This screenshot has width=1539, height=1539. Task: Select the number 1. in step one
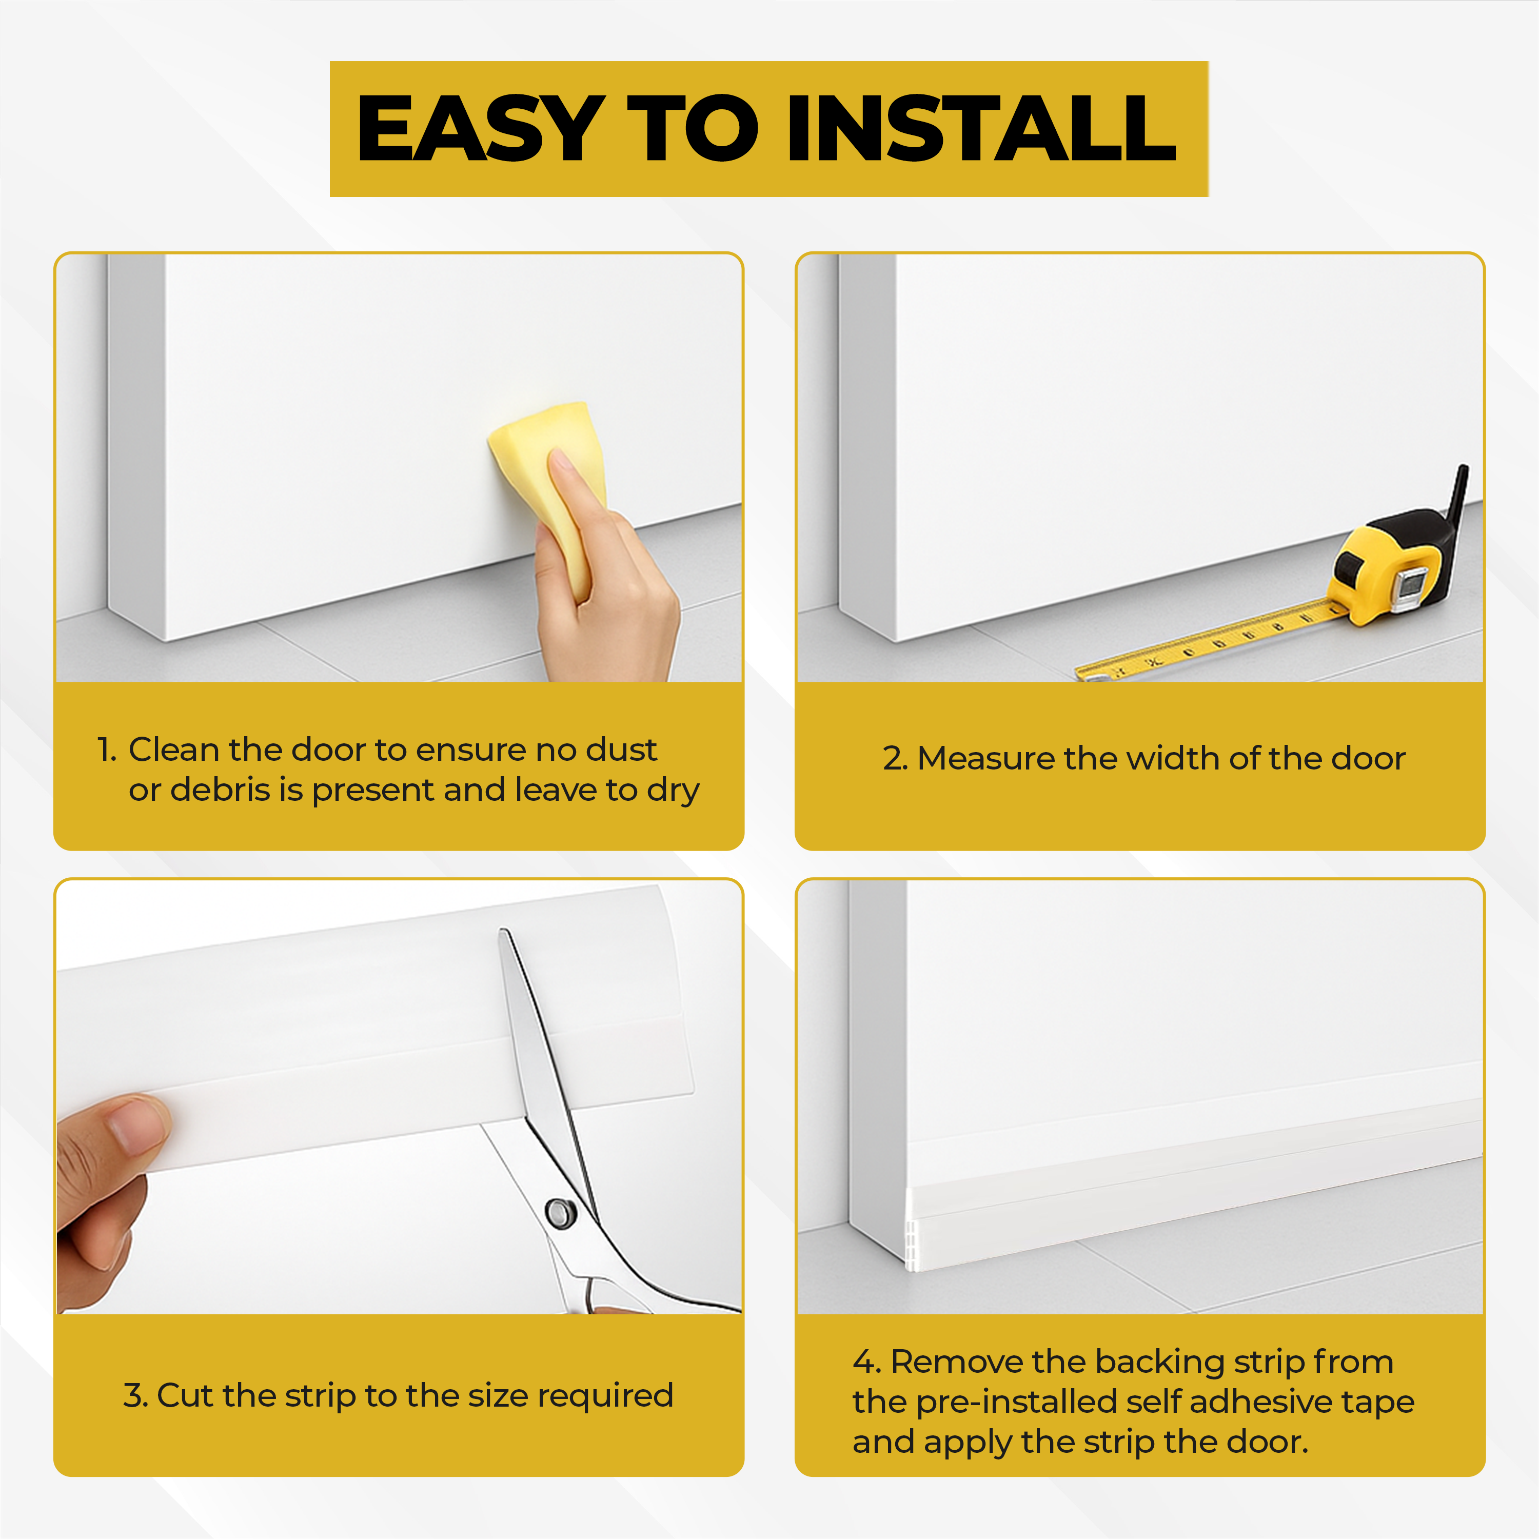pyautogui.click(x=107, y=749)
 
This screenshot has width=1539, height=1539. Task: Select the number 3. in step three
pyautogui.click(x=136, y=1395)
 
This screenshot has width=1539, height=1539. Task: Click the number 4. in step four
pyautogui.click(x=866, y=1362)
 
